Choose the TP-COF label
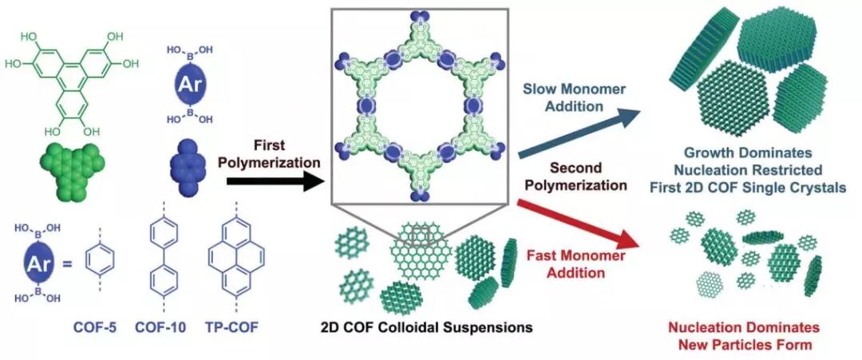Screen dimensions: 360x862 (x=231, y=326)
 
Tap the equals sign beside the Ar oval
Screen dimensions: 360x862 (x=67, y=260)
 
